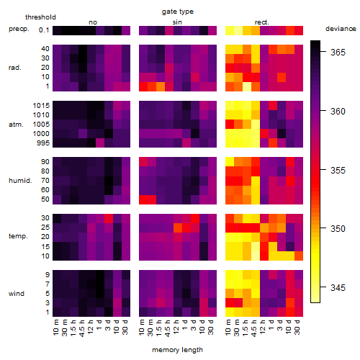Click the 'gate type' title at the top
(178, 12)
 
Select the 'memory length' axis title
(177, 350)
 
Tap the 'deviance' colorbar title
(341, 29)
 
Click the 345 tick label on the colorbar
(338, 287)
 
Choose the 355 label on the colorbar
(338, 170)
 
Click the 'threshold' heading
(40, 17)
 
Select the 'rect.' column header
(262, 22)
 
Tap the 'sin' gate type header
(177, 22)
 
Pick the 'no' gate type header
(93, 22)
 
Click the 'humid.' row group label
(20, 181)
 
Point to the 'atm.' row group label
(16, 125)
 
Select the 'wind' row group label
(17, 294)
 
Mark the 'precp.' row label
(19, 29)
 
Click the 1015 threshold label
(41, 106)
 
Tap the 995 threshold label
(43, 143)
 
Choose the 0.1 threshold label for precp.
(44, 30)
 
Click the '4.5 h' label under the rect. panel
(254, 328)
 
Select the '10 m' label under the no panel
(55, 327)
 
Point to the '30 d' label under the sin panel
(211, 327)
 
